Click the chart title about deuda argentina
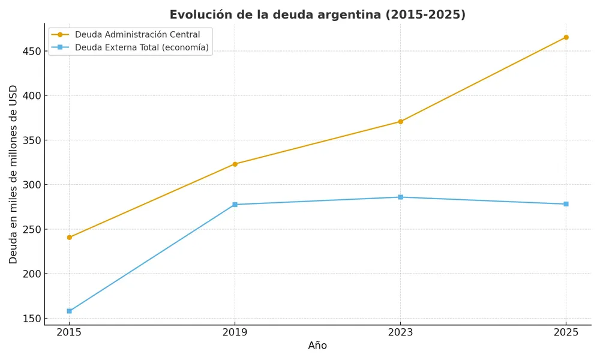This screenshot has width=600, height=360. click(x=317, y=15)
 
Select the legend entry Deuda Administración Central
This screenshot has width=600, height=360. click(x=137, y=35)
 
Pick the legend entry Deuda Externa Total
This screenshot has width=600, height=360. click(x=142, y=47)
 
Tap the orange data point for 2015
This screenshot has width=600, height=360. click(x=69, y=238)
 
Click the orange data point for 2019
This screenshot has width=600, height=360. click(x=235, y=164)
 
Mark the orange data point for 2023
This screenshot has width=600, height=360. click(x=400, y=122)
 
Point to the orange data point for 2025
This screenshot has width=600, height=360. click(x=566, y=37)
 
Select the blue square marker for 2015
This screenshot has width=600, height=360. click(x=69, y=311)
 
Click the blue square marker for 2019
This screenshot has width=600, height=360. click(x=235, y=205)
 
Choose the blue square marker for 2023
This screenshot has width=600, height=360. click(x=400, y=197)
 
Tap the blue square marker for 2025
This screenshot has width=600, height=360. click(x=566, y=204)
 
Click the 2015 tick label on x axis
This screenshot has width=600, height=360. click(x=69, y=332)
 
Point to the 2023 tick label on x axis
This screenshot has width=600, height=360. click(x=400, y=332)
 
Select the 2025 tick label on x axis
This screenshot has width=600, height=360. click(x=566, y=332)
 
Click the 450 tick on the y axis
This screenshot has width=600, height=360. click(x=32, y=52)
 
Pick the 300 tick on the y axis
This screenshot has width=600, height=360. click(x=32, y=185)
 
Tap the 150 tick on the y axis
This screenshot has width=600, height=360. click(x=32, y=319)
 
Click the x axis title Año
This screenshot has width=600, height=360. click(x=317, y=346)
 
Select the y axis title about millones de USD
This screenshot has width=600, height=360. click(x=14, y=174)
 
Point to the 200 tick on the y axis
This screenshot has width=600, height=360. click(x=32, y=274)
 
